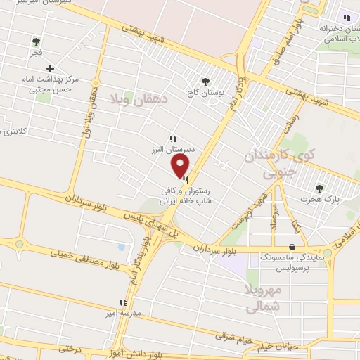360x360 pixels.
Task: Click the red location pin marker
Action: (181, 165)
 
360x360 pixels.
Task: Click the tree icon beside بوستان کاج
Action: (205, 82)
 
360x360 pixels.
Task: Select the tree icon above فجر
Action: (37, 41)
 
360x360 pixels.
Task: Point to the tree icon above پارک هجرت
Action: (320, 188)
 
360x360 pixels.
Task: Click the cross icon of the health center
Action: (50, 68)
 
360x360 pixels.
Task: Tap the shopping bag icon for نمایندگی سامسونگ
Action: (292, 247)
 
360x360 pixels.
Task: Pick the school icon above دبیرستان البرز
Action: (173, 139)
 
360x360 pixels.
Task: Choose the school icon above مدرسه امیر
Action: (123, 302)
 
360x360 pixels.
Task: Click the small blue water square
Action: (122, 248)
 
